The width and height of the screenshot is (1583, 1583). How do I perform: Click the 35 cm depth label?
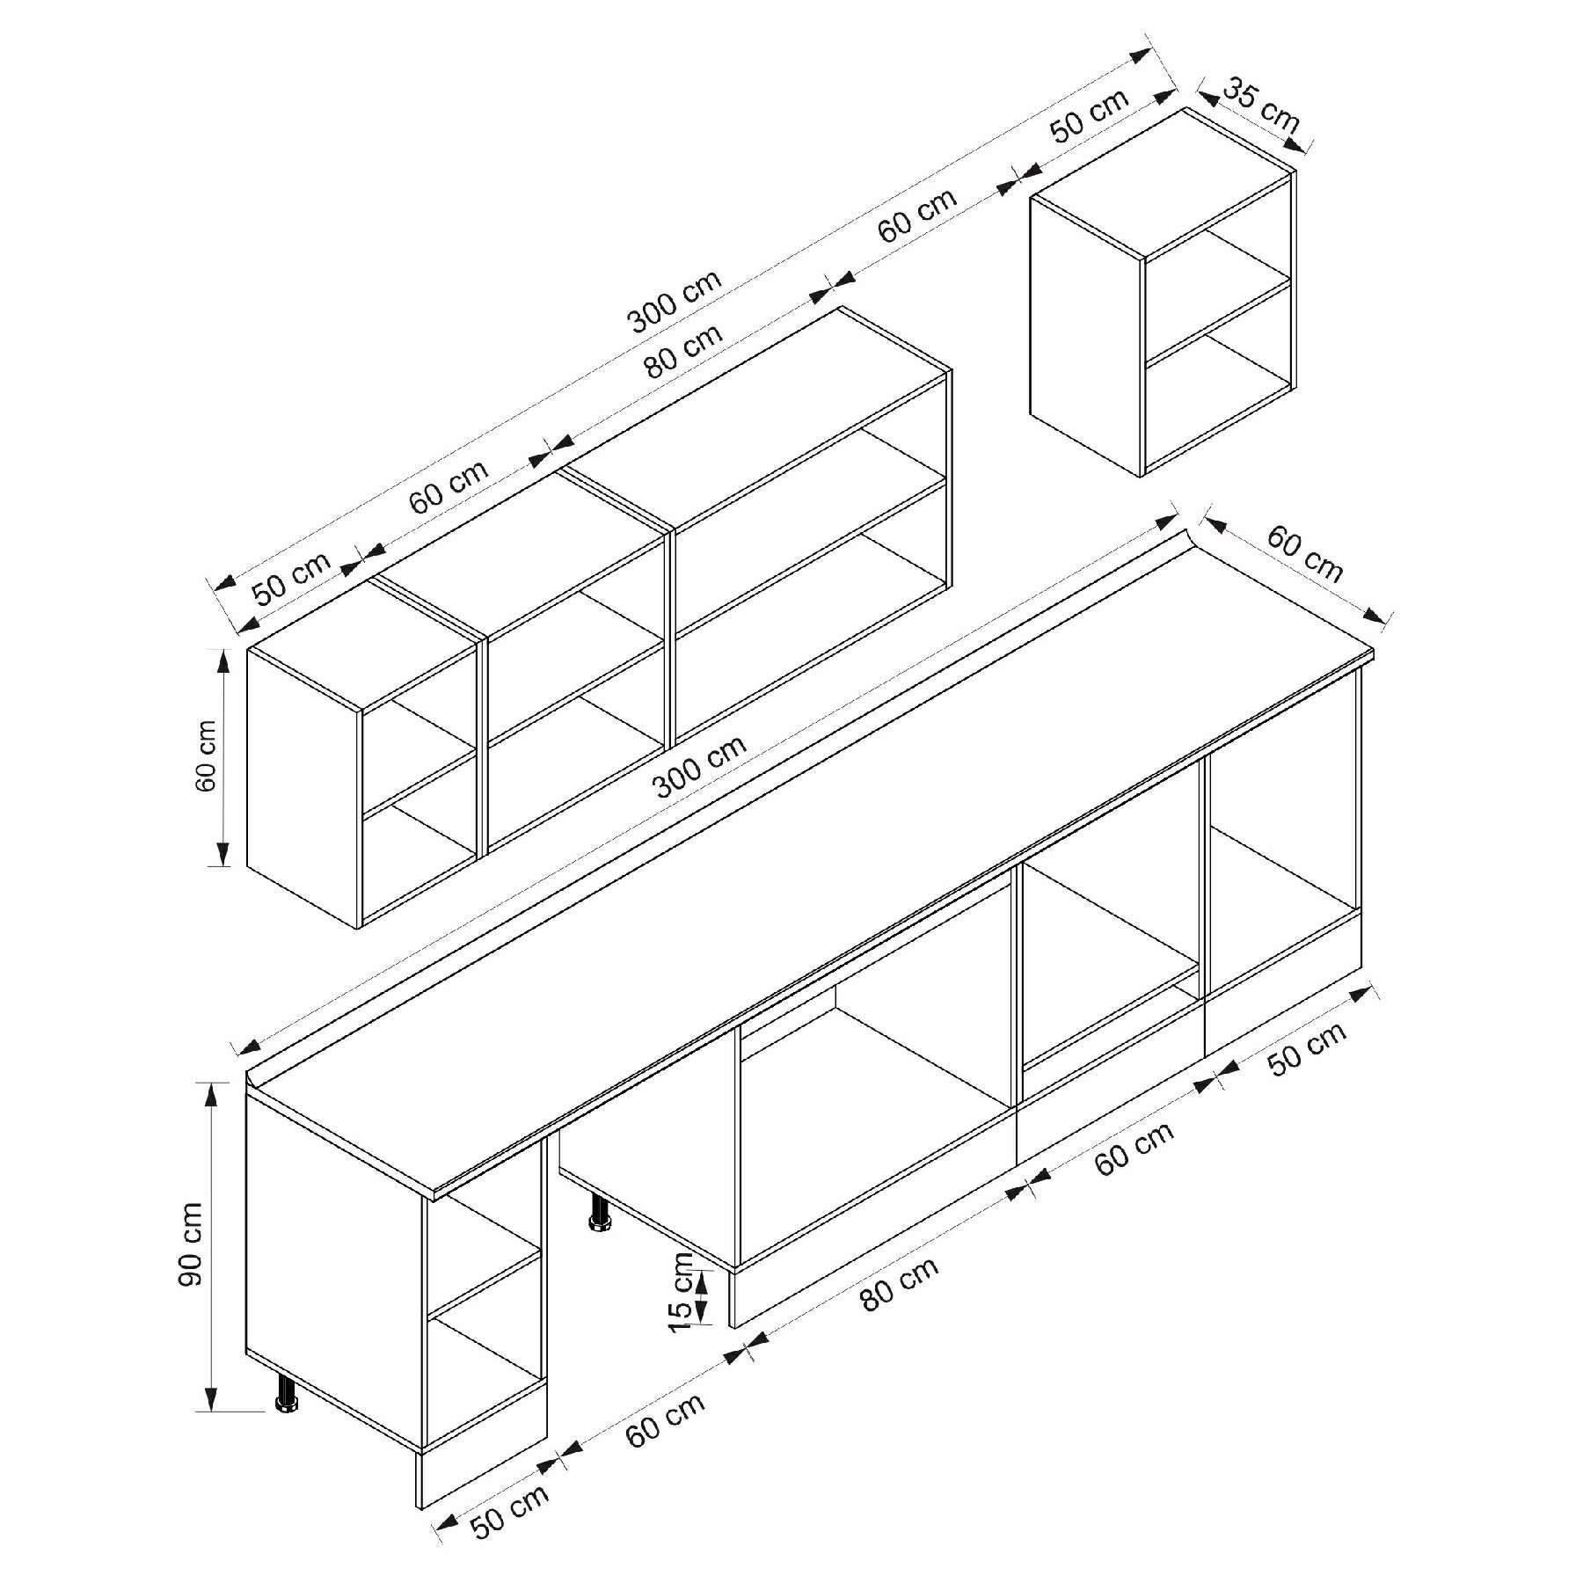click(1261, 106)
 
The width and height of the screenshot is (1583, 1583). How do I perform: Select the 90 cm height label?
click(190, 1244)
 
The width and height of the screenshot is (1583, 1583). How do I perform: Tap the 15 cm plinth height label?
click(681, 1292)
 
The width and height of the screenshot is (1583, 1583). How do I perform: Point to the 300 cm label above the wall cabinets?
click(675, 301)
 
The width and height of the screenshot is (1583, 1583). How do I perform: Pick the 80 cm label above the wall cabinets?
click(682, 351)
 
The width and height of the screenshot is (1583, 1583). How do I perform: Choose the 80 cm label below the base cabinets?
click(899, 1282)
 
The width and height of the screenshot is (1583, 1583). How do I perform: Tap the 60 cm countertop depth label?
click(1305, 554)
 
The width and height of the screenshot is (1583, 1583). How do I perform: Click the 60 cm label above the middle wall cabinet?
click(449, 486)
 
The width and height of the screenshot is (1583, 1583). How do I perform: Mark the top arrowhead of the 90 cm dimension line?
click(211, 1095)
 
